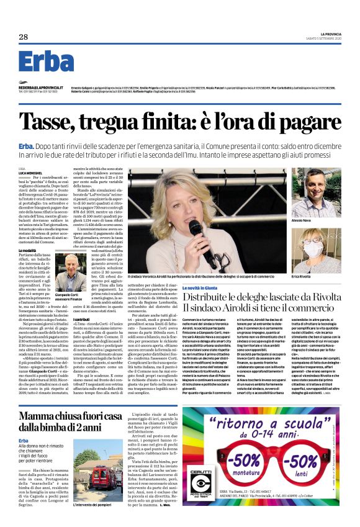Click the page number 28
click(24, 37)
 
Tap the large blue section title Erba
click(47, 61)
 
